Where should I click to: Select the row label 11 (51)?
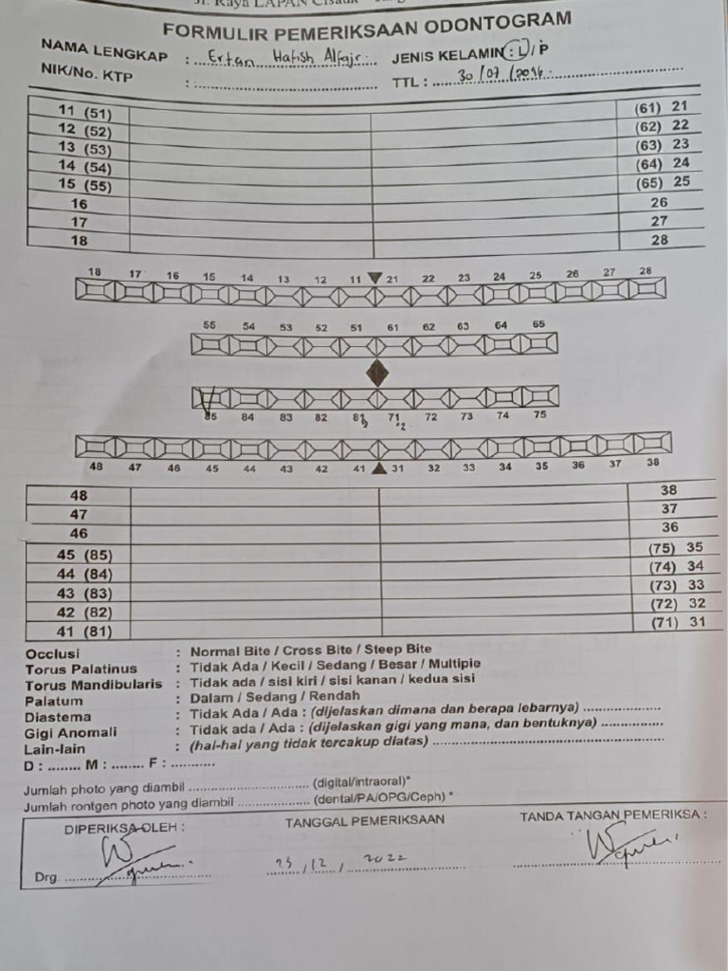pyautogui.click(x=84, y=111)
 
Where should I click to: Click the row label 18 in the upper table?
pyautogui.click(x=80, y=241)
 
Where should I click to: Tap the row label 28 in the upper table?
pyautogui.click(x=660, y=240)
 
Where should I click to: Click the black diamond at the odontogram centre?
pyautogui.click(x=377, y=373)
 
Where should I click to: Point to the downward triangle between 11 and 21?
pyautogui.click(x=375, y=278)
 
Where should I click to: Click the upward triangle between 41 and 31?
pyautogui.click(x=379, y=467)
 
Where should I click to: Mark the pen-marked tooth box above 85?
pyautogui.click(x=209, y=398)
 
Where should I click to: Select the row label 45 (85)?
pyautogui.click(x=84, y=555)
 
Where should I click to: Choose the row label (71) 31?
pyautogui.click(x=677, y=622)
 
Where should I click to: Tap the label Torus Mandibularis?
pyautogui.click(x=94, y=685)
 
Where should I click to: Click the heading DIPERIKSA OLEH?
pyautogui.click(x=124, y=827)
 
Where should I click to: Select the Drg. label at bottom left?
pyautogui.click(x=46, y=877)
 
